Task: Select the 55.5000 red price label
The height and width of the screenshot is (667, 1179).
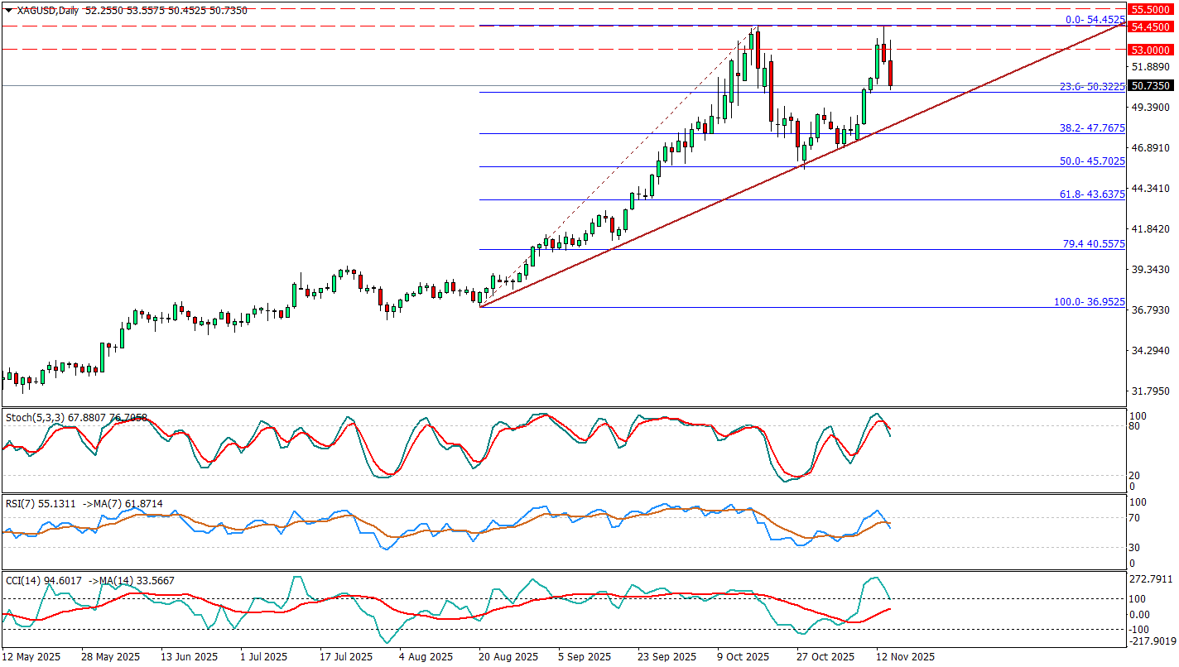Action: click(1149, 9)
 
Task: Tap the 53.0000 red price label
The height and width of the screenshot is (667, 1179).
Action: click(1149, 49)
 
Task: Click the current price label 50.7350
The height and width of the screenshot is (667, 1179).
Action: click(1149, 85)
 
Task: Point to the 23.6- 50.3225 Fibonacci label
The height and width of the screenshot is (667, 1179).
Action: click(1092, 86)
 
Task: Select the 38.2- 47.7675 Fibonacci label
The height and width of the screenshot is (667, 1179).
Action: click(1092, 128)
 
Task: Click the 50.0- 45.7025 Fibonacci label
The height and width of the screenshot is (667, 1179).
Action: click(1092, 161)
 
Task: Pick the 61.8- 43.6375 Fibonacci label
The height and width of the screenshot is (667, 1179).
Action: click(1092, 194)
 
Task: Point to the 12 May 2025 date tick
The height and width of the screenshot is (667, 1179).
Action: click(32, 657)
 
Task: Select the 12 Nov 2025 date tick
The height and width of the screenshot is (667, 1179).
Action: click(907, 657)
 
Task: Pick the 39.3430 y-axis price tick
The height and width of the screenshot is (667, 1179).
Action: click(1148, 270)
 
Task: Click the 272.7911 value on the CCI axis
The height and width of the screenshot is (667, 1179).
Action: click(1152, 578)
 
